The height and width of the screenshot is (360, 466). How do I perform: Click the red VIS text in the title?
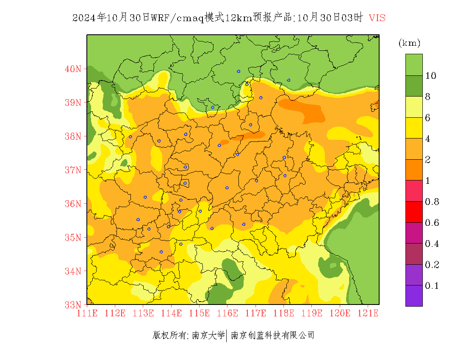[x=377, y=18]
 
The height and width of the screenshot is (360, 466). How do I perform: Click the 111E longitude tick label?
[x=87, y=313]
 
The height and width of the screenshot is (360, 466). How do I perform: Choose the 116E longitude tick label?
[x=227, y=313]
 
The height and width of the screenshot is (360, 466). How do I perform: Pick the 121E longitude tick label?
[x=368, y=313]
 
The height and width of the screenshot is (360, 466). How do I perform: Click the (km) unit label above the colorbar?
[x=409, y=43]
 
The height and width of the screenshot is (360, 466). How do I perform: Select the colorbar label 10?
[x=431, y=76]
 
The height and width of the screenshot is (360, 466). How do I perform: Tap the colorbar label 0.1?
[x=432, y=286]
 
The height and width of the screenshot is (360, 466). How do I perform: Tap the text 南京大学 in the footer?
[x=208, y=335]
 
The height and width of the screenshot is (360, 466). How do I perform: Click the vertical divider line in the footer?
[x=227, y=336]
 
